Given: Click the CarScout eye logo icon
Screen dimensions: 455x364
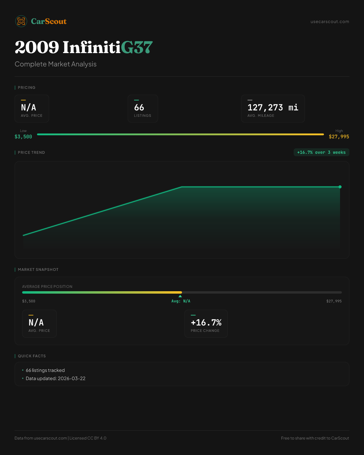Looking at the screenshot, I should pyautogui.click(x=21, y=21).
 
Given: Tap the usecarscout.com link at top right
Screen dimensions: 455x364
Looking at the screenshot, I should pyautogui.click(x=330, y=22).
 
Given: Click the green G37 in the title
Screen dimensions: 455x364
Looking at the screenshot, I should pyautogui.click(x=137, y=48).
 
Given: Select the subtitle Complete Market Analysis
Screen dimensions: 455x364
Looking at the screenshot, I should pyautogui.click(x=56, y=64).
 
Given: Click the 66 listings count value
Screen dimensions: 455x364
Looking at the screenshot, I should pyautogui.click(x=139, y=107).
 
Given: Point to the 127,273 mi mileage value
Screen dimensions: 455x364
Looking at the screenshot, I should pyautogui.click(x=273, y=107).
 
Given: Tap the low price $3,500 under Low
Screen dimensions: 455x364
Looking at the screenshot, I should pyautogui.click(x=23, y=137).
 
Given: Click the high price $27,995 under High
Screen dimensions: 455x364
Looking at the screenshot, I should pyautogui.click(x=339, y=137).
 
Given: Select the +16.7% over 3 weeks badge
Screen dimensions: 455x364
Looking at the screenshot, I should pyautogui.click(x=321, y=152).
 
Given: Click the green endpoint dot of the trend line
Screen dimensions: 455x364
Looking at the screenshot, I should pyautogui.click(x=340, y=187).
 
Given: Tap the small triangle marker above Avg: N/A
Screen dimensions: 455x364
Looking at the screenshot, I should pyautogui.click(x=180, y=296).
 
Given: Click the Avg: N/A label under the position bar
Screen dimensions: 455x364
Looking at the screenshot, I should pyautogui.click(x=181, y=301).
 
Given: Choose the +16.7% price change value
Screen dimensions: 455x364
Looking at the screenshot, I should pyautogui.click(x=206, y=322).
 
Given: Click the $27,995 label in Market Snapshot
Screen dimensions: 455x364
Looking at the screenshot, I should pyautogui.click(x=334, y=301).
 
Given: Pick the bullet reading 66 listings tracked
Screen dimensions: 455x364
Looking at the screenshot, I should pyautogui.click(x=45, y=370).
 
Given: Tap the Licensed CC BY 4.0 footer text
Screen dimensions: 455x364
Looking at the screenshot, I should pyautogui.click(x=88, y=438).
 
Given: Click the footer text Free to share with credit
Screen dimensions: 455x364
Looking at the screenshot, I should pyautogui.click(x=315, y=438).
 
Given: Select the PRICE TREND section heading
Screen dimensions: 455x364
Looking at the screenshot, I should pyautogui.click(x=31, y=153).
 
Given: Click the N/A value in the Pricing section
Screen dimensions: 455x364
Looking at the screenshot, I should pyautogui.click(x=29, y=107).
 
